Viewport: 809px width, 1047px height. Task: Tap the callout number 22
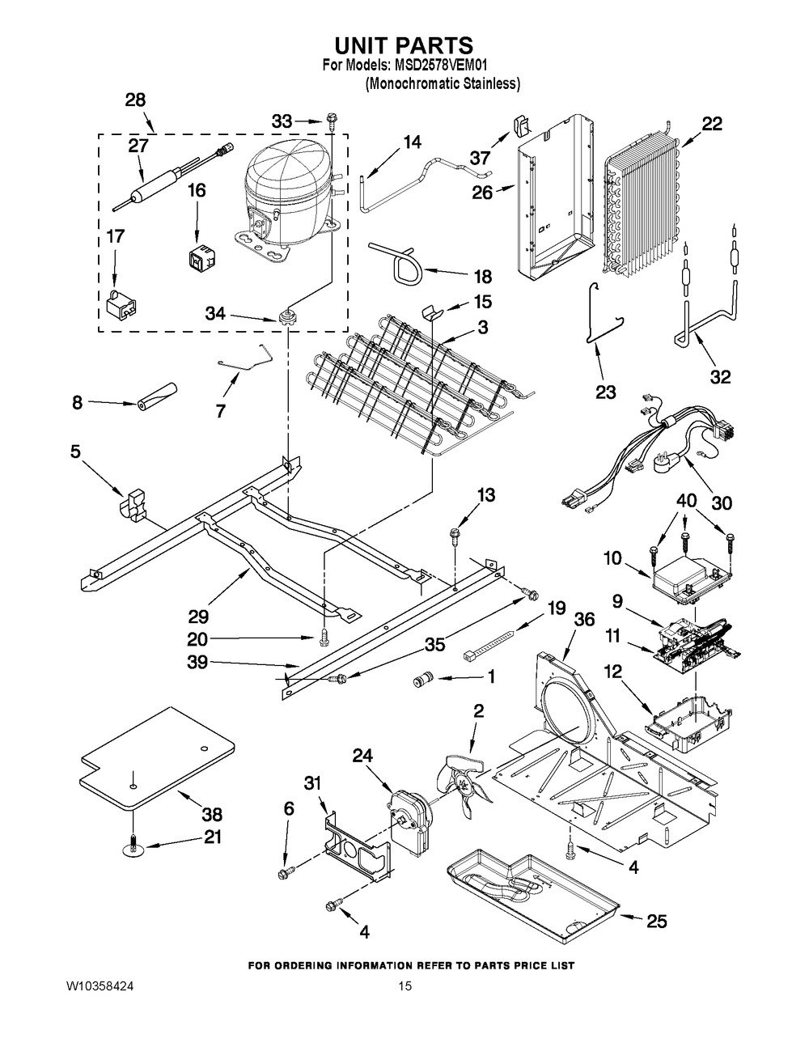point(712,124)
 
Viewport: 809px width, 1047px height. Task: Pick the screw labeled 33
point(332,121)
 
